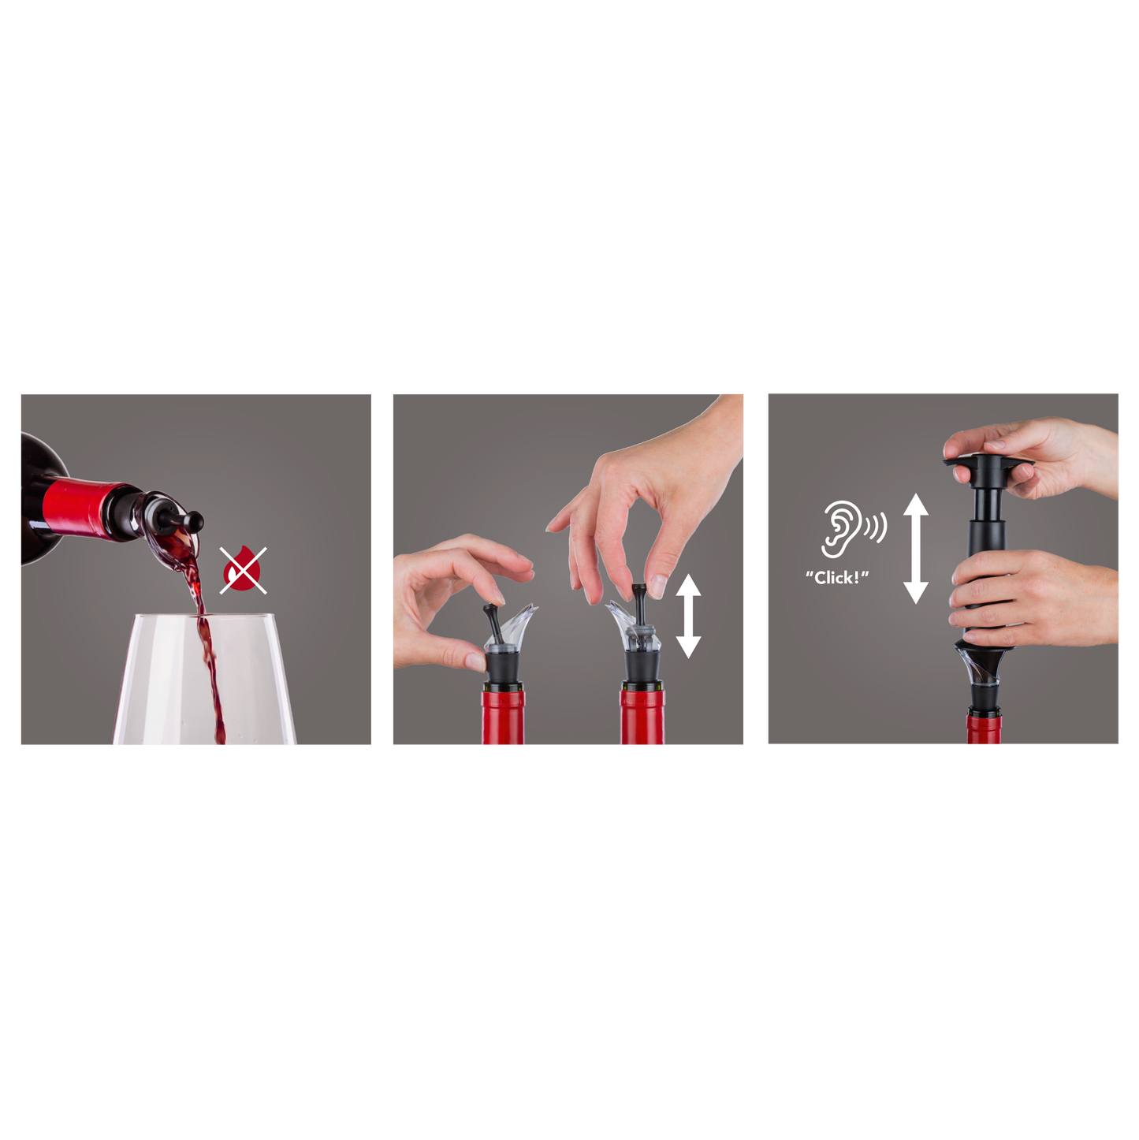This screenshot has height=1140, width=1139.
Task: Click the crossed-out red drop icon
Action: [x=243, y=570]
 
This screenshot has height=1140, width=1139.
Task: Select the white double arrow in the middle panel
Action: [x=688, y=616]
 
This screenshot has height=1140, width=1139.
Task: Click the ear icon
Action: [x=839, y=528]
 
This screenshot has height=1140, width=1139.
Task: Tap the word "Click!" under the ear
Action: [x=836, y=578]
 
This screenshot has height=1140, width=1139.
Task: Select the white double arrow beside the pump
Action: [x=915, y=548]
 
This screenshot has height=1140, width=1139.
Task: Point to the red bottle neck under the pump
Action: [x=984, y=729]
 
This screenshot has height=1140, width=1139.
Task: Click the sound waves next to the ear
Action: [x=875, y=527]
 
